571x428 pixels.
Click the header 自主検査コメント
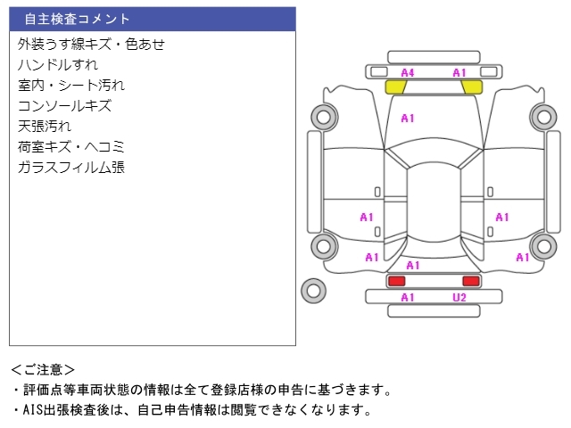[78, 19]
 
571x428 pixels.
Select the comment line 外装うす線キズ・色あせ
[92, 44]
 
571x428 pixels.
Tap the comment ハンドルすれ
[58, 64]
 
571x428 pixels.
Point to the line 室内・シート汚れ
[71, 85]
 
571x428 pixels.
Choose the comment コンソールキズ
[64, 105]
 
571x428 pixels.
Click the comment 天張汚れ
[45, 126]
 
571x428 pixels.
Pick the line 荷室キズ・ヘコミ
[71, 146]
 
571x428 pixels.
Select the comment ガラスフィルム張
[71, 167]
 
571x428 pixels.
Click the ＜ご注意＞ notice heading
[44, 369]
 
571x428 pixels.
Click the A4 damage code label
[408, 72]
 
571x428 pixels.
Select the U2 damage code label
[459, 298]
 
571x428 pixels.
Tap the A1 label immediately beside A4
[459, 72]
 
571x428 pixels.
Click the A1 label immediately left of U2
[408, 298]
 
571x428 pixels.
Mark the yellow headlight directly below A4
[396, 86]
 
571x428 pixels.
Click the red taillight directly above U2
[470, 281]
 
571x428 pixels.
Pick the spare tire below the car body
[313, 289]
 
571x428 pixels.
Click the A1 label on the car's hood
[408, 118]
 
